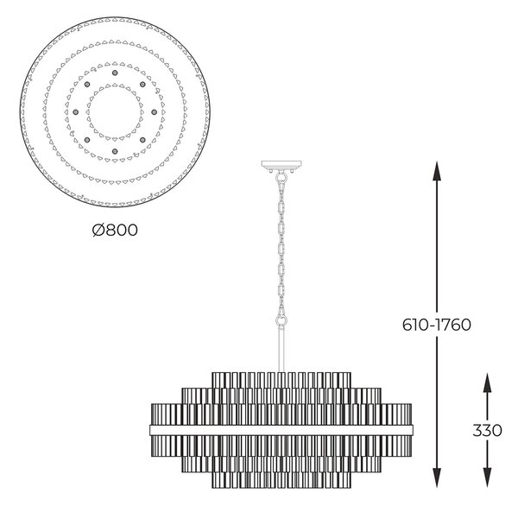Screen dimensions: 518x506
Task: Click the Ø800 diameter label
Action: (115, 230)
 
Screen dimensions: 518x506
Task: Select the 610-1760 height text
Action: (436, 325)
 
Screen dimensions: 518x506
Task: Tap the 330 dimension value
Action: (487, 431)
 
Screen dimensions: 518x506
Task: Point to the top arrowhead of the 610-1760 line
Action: (437, 171)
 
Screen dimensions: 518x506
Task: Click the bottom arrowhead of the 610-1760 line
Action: (437, 478)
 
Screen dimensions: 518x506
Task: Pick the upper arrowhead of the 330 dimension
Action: (487, 383)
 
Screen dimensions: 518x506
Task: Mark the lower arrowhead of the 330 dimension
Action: (487, 478)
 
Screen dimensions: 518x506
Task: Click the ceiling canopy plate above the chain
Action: (281, 164)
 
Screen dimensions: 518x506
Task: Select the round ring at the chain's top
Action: (281, 179)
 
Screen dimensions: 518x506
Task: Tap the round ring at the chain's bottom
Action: (281, 320)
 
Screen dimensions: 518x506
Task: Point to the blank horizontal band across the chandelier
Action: (281, 430)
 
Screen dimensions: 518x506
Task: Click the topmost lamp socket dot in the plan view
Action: (115, 73)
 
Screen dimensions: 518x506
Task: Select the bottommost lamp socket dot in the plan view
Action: (115, 151)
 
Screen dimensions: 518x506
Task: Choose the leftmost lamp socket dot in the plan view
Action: (76, 112)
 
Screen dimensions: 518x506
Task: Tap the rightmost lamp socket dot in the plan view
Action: (154, 112)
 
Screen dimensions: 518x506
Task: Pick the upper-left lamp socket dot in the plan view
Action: (87, 85)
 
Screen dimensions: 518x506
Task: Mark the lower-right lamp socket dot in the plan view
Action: (142, 140)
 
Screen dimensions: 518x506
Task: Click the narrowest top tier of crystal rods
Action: (281, 381)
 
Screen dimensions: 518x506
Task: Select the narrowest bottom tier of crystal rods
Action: (281, 480)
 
